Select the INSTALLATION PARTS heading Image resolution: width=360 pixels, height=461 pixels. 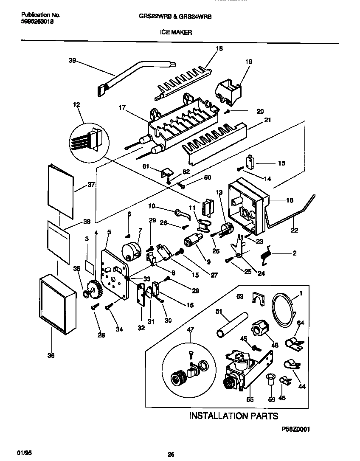pyautogui.click(x=233, y=416)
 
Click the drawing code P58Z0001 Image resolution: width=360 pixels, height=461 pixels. pyautogui.click(x=296, y=429)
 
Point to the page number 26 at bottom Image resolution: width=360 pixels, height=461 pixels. pyautogui.click(x=171, y=454)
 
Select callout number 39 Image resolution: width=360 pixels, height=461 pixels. pyautogui.click(x=72, y=60)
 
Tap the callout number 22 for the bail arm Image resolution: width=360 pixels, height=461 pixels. pyautogui.click(x=294, y=231)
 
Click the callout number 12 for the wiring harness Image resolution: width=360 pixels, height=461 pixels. pyautogui.click(x=76, y=104)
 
